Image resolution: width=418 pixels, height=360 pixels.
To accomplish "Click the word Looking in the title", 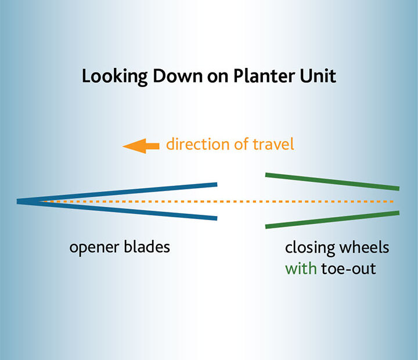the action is pyautogui.click(x=114, y=77).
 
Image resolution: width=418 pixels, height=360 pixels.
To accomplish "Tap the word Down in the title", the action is pyautogui.click(x=177, y=76).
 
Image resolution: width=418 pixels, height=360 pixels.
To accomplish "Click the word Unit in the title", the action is pyautogui.click(x=318, y=76).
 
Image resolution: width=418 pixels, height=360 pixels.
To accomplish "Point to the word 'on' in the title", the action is pyautogui.click(x=218, y=78).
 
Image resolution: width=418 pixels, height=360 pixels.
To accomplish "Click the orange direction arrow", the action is pyautogui.click(x=140, y=146).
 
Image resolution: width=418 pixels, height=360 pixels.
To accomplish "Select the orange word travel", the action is pyautogui.click(x=273, y=144).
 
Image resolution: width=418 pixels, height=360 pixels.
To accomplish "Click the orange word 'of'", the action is pyautogui.click(x=241, y=144).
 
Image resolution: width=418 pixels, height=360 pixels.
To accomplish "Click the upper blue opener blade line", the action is pyautogui.click(x=117, y=192).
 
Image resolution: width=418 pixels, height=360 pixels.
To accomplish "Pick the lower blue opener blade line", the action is pyautogui.click(x=117, y=210).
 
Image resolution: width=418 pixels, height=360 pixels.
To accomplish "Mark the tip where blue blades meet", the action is pyautogui.click(x=17, y=201).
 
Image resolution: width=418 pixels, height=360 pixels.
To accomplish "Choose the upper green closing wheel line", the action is pyautogui.click(x=332, y=182).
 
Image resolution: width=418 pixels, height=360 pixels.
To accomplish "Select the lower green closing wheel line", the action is pyautogui.click(x=332, y=219).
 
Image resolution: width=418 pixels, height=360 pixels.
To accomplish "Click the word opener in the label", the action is pyautogui.click(x=94, y=248).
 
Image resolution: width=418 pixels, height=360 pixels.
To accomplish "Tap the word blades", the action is pyautogui.click(x=147, y=247).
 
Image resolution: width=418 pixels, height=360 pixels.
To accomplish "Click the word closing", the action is pyautogui.click(x=310, y=248).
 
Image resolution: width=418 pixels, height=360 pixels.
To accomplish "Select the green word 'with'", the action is pyautogui.click(x=301, y=268).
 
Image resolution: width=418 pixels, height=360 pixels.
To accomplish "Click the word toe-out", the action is pyautogui.click(x=349, y=269).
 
